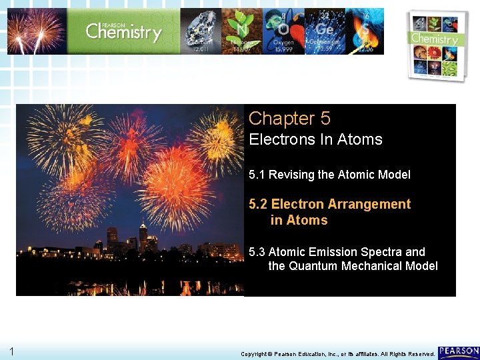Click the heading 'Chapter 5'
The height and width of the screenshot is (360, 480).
coord(289,119)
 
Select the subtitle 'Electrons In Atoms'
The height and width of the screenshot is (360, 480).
coord(315,140)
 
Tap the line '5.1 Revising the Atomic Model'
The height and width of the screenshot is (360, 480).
coord(329,175)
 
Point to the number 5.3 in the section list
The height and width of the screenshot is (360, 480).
coord(257,252)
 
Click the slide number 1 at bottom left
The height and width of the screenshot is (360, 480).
coord(12,351)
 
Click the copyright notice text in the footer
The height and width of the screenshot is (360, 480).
coord(337,353)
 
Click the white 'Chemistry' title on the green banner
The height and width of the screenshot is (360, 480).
coord(123,31)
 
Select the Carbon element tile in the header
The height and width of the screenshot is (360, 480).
coord(201,31)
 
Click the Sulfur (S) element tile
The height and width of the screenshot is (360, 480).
coord(364,31)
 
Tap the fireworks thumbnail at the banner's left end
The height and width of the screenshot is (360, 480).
coord(37,31)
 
